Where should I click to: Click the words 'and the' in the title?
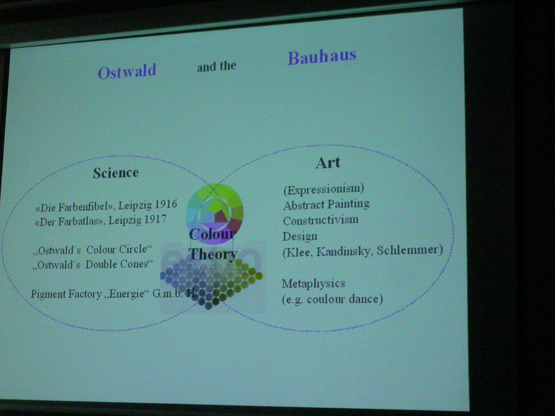coord(216,67)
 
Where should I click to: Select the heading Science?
coord(116,173)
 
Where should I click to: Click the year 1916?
coord(165,204)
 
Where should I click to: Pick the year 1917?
coord(155,219)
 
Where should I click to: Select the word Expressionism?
coord(324,189)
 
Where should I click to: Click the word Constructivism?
coord(321,220)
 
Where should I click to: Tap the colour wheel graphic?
coord(215,214)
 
